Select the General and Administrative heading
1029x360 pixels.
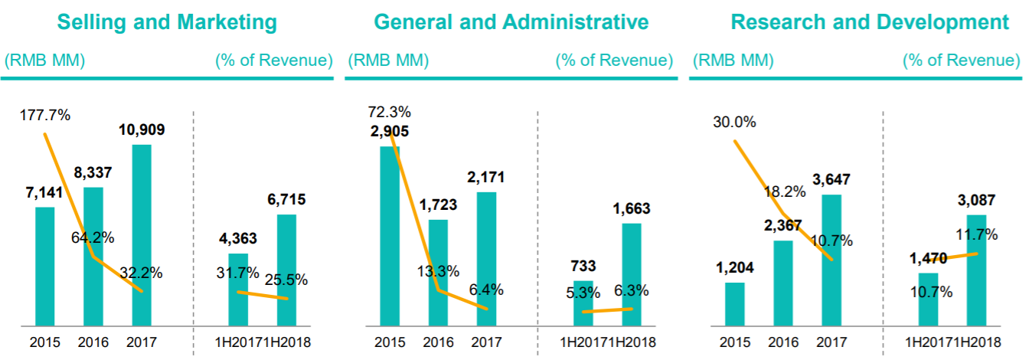coord(511,22)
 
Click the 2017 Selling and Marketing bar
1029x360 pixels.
coord(142,234)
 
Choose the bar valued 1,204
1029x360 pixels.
coord(735,303)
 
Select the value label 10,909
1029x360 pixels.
coord(142,130)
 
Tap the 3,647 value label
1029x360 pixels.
coord(831,180)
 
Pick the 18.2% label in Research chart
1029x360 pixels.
coord(784,192)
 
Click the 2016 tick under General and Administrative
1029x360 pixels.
coord(438,342)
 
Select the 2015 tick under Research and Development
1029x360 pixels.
coord(735,342)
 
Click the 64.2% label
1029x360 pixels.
coord(93,237)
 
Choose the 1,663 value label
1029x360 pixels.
coord(631,209)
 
